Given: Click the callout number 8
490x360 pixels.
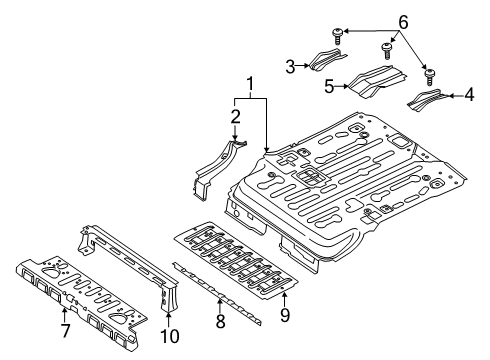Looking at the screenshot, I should (x=221, y=323).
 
